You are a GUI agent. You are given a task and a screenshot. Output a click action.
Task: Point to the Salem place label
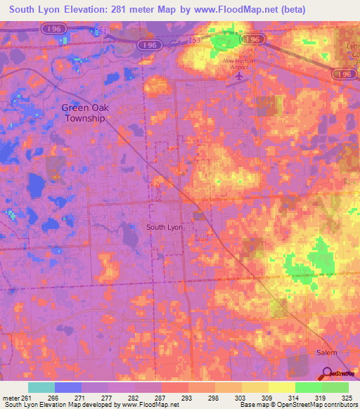coord(326,352)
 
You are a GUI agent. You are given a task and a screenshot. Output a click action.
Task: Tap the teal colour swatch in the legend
coord(41,387)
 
